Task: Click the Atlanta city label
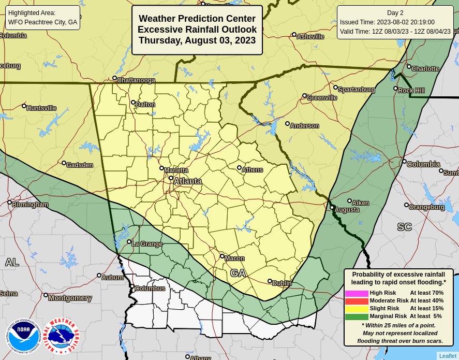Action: point(187,181)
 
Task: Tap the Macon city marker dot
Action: point(222,256)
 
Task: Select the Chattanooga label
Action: point(136,80)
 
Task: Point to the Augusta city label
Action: point(347,210)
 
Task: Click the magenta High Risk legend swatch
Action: point(357,293)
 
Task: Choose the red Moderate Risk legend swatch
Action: point(357,301)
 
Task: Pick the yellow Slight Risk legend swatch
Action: point(357,309)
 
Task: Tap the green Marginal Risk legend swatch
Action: point(357,316)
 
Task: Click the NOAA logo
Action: point(23,336)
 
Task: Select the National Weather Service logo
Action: point(61,336)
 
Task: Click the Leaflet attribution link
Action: point(448,356)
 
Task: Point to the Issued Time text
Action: point(387,22)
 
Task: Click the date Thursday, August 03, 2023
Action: point(197,40)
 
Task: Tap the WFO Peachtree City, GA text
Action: point(42,22)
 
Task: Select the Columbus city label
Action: point(150,289)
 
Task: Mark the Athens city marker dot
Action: point(239,167)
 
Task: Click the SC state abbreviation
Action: point(404,227)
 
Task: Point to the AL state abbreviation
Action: point(12,262)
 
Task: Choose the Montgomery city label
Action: point(70,298)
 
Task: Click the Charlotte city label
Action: point(425,68)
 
